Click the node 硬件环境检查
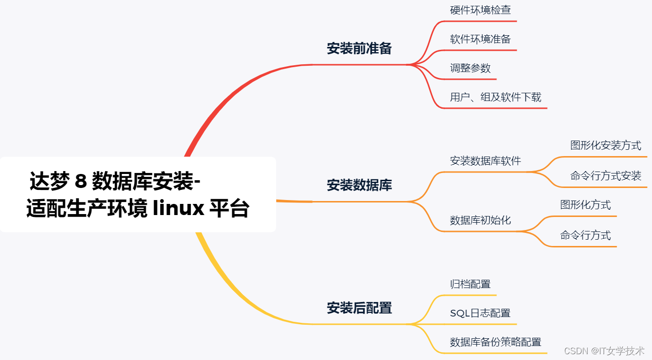point(480,10)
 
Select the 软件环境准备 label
point(480,39)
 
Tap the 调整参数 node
point(470,68)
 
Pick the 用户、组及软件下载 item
point(496,97)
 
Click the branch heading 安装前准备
point(359,48)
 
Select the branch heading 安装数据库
point(359,185)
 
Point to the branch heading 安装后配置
point(359,308)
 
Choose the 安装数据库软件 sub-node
point(485,161)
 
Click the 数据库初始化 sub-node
point(480,220)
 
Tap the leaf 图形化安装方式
point(606,145)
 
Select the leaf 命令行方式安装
point(606,176)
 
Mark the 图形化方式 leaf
point(585,205)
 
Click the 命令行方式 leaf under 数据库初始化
point(585,235)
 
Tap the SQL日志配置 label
point(480,313)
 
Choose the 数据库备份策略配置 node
point(496,342)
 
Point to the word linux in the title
point(178,209)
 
